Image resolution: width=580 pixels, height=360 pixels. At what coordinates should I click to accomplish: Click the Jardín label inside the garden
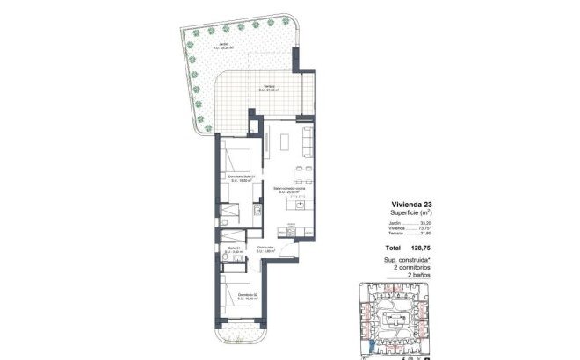point(201,44)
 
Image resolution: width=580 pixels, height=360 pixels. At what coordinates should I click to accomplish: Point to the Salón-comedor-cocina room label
point(288,190)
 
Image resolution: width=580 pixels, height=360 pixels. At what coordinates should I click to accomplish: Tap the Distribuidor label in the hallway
point(266,249)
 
